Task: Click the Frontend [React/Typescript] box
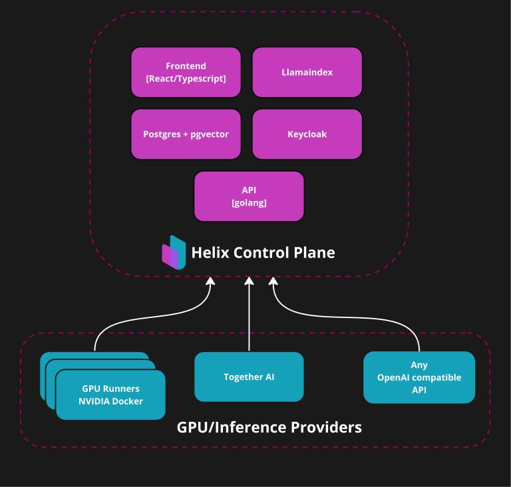click(186, 72)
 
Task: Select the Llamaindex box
click(307, 72)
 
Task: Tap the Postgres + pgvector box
click(186, 134)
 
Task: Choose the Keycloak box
click(307, 134)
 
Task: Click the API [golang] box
click(249, 196)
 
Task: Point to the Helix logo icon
click(174, 252)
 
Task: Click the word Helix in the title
click(209, 253)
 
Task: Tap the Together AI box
click(249, 377)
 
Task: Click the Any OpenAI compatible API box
click(419, 377)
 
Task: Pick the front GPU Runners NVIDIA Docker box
click(110, 395)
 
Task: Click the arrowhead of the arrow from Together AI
click(249, 282)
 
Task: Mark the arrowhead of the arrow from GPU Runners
click(211, 282)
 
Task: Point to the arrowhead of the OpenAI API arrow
click(273, 282)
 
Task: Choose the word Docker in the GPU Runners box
click(127, 401)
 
